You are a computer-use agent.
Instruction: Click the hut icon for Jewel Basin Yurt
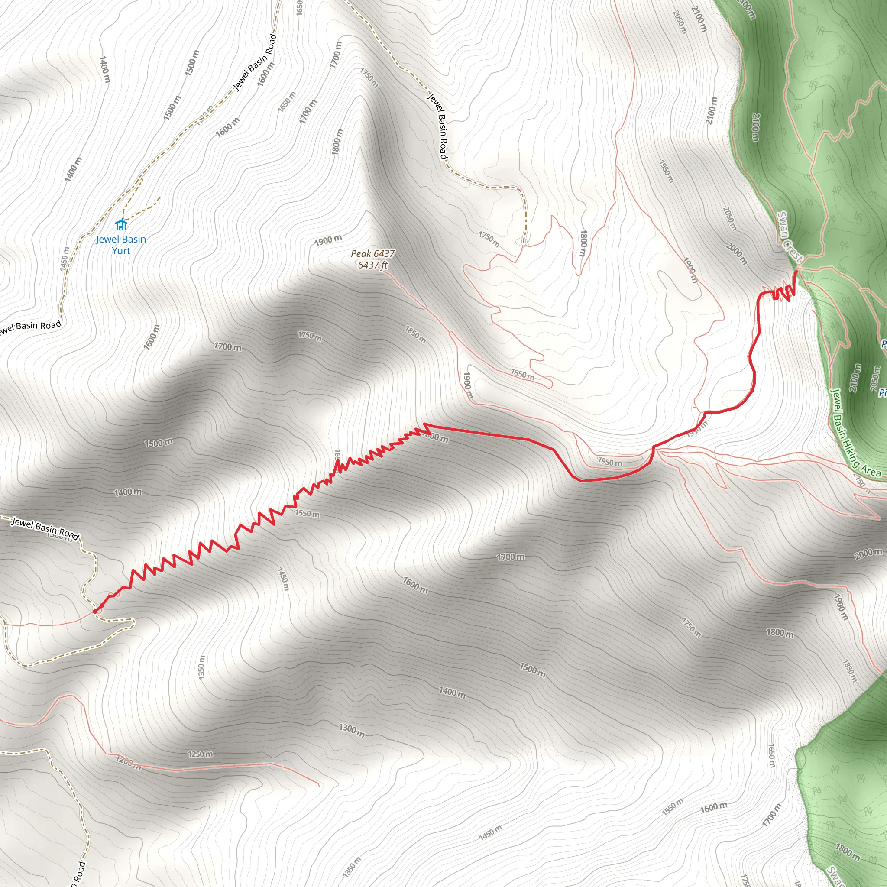(x=121, y=225)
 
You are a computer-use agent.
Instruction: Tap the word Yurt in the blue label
(x=121, y=251)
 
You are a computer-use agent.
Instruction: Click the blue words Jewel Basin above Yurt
(x=121, y=239)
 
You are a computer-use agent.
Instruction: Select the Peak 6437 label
(x=373, y=253)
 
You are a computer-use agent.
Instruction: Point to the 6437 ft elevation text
(x=373, y=265)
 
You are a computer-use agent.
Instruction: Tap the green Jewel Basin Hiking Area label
(x=856, y=434)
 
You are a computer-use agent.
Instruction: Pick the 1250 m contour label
(x=200, y=754)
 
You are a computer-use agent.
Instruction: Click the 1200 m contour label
(x=128, y=763)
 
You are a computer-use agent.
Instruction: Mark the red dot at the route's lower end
(x=95, y=612)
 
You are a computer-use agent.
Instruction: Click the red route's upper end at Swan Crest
(x=796, y=272)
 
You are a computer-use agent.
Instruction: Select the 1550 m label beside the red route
(x=307, y=513)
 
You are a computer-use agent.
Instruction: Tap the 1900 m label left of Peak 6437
(x=328, y=240)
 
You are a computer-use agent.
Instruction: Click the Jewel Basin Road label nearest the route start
(x=45, y=529)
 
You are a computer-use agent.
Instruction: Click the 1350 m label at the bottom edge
(x=352, y=867)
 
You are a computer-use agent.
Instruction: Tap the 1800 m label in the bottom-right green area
(x=848, y=852)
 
